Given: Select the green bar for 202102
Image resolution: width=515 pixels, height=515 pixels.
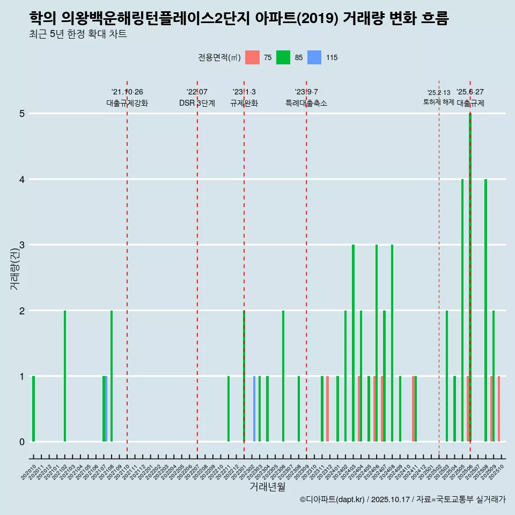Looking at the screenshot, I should click(x=65, y=376).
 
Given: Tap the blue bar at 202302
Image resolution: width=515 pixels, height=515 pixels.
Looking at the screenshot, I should click(x=254, y=409).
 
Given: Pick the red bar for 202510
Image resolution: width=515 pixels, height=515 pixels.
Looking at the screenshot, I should click(x=499, y=409).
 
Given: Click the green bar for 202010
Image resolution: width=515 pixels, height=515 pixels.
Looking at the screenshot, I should click(x=33, y=409).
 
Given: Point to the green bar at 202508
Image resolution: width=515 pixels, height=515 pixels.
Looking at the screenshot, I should click(x=485, y=311).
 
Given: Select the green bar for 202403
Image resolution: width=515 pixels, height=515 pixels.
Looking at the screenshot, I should click(x=353, y=343).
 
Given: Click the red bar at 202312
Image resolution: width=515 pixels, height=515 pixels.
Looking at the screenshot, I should click(x=327, y=409).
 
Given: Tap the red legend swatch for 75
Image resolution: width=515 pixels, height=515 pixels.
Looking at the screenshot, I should click(x=252, y=57).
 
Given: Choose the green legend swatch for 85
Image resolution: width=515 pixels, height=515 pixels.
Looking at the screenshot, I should click(x=283, y=57).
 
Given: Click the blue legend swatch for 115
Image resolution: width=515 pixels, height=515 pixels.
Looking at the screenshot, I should click(x=314, y=57).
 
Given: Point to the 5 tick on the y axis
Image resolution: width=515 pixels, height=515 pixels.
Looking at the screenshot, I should click(x=22, y=114).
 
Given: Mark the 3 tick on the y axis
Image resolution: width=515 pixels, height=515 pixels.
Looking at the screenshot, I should click(x=22, y=245).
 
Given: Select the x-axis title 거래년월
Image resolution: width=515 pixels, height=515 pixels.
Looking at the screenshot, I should click(x=267, y=487).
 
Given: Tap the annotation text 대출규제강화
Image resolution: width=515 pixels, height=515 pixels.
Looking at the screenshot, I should click(x=127, y=103).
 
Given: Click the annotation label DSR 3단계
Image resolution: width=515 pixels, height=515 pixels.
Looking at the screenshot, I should click(x=197, y=103).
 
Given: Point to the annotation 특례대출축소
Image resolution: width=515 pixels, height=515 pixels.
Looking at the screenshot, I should click(x=306, y=103).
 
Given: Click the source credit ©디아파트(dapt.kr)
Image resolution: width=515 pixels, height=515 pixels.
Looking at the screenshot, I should click(x=333, y=499).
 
